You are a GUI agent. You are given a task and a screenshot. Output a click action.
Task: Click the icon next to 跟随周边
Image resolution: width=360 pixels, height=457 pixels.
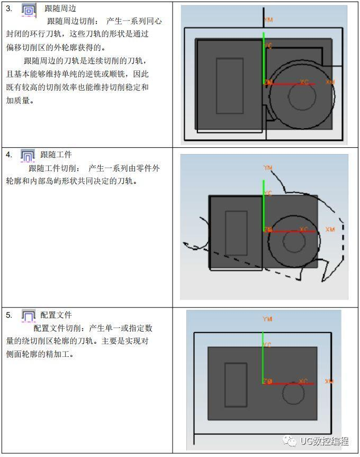(x=29, y=10)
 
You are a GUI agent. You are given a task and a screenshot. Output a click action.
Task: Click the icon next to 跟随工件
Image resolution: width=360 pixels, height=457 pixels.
(x=28, y=155)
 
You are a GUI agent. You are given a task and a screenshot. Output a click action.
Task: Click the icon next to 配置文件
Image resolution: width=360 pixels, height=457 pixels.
(x=28, y=316)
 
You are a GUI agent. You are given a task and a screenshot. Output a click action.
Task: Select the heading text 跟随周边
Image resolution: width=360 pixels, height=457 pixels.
(x=60, y=9)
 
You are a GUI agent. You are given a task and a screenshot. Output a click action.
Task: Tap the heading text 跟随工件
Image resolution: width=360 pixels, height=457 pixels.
(x=56, y=155)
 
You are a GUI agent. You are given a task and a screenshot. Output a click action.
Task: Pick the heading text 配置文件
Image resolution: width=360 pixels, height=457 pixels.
(x=56, y=315)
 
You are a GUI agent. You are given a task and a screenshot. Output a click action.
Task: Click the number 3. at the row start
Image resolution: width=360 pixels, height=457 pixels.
(x=9, y=9)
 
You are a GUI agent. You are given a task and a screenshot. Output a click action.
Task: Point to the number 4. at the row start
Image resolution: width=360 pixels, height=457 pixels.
(x=9, y=155)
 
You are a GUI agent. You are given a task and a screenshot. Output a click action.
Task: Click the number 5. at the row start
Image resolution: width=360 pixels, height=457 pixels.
(x=9, y=315)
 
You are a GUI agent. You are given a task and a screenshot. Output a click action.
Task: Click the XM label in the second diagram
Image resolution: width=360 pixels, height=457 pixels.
(x=330, y=229)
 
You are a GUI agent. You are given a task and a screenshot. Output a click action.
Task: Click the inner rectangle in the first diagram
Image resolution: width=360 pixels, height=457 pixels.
(x=230, y=85)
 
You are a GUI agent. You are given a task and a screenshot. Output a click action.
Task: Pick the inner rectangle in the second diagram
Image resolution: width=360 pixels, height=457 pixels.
(x=236, y=233)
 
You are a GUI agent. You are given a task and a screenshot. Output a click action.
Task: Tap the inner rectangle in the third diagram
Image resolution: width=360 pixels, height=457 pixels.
(x=236, y=384)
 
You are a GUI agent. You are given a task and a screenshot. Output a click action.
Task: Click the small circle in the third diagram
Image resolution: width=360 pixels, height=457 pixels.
(x=293, y=393)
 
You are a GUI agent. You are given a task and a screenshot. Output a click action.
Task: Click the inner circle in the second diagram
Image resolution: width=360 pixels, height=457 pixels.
(x=294, y=241)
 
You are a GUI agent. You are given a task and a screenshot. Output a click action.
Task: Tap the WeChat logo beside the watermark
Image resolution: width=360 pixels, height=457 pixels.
(x=290, y=441)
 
